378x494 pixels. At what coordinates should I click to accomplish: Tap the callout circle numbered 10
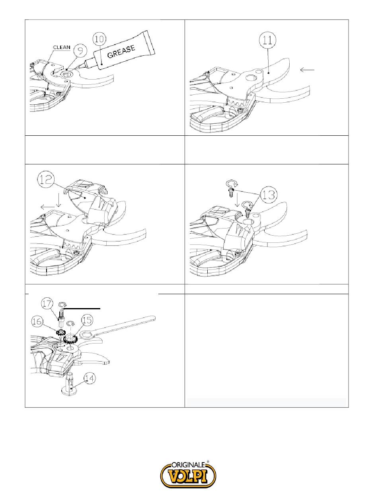point(99,39)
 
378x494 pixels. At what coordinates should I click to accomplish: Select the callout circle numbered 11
point(267,41)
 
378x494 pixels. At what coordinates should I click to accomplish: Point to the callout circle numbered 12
point(46,180)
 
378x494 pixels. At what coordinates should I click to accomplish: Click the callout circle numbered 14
point(90,378)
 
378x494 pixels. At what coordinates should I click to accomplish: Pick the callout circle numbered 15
point(87,320)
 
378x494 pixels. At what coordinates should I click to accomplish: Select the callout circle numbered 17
point(47,304)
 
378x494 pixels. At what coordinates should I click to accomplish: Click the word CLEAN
point(62,47)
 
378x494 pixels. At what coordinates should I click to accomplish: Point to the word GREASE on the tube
point(121,52)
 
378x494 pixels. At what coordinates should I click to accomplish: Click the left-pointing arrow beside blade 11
point(307,70)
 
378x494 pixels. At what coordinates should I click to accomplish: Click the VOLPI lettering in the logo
point(188,475)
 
